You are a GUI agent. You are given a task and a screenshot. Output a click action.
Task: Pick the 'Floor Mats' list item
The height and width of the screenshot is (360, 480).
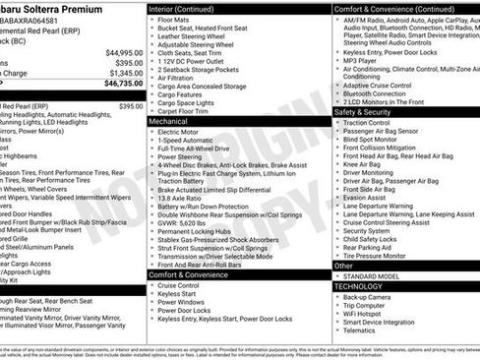[176, 19]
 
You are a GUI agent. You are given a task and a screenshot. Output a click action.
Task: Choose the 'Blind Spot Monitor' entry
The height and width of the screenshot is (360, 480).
[375, 140]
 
